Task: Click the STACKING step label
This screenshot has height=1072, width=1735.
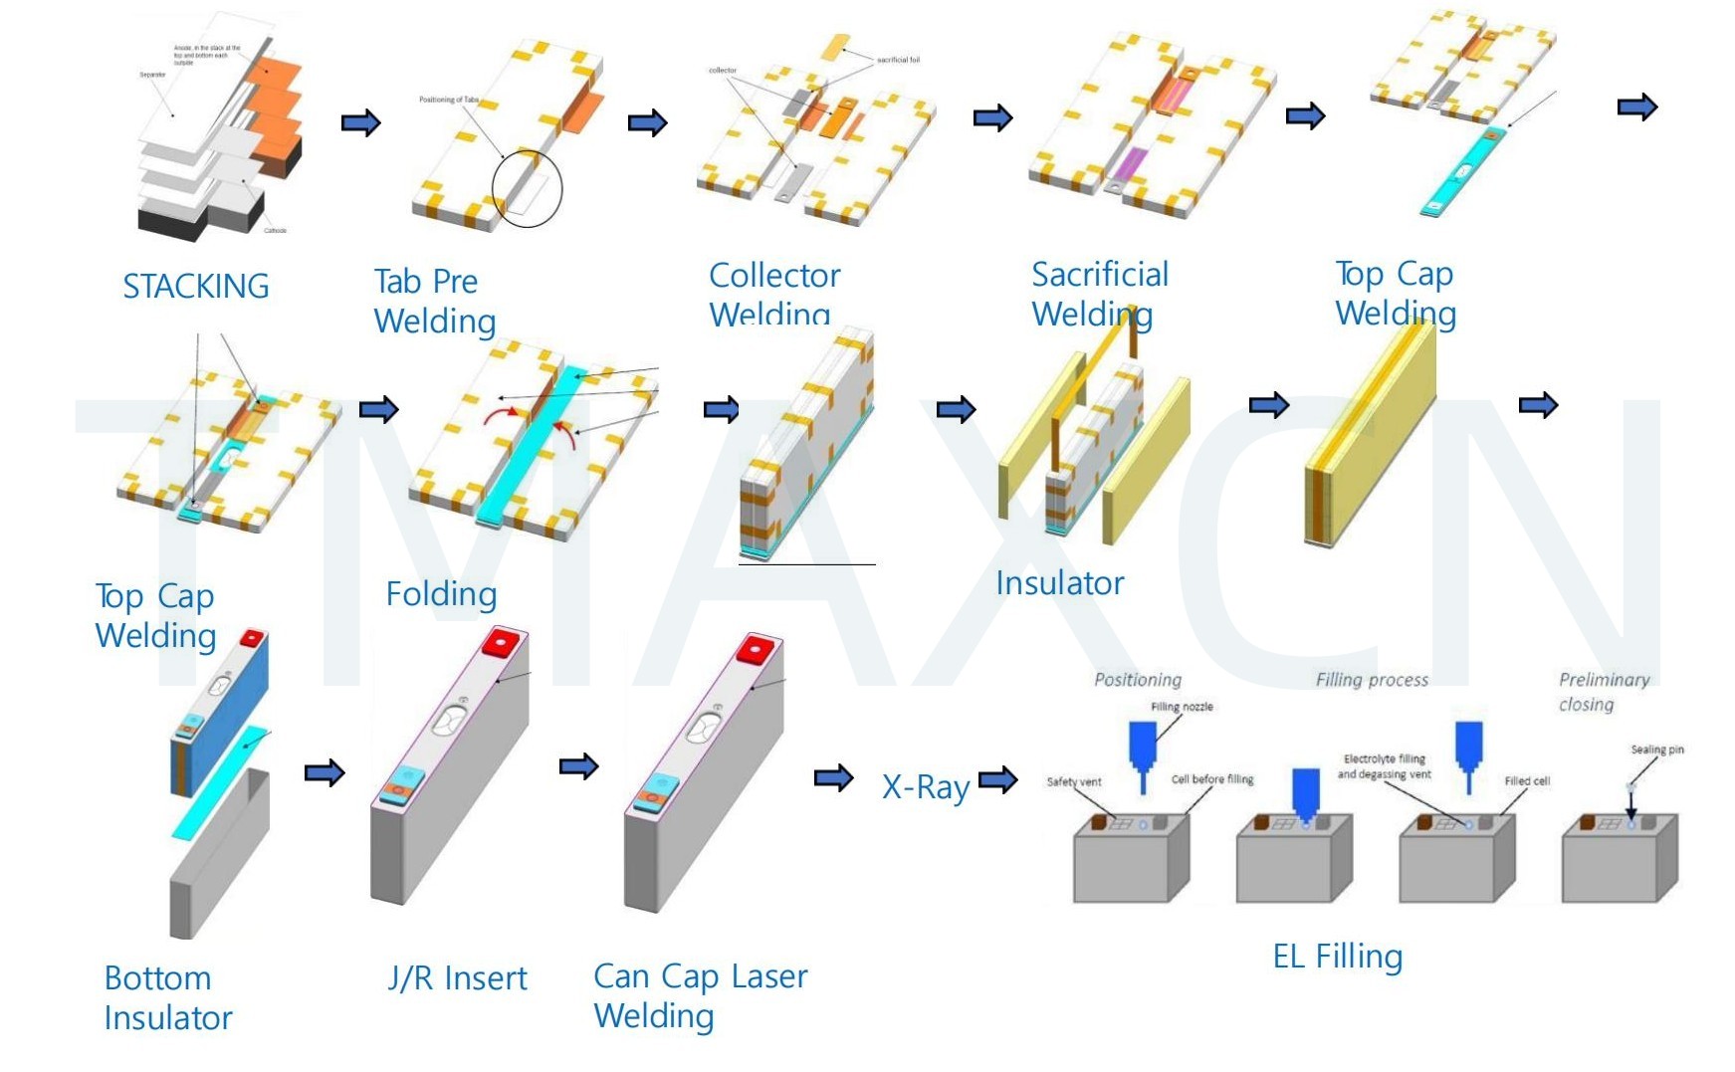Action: (x=195, y=287)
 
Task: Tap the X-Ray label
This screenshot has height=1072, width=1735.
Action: (x=925, y=787)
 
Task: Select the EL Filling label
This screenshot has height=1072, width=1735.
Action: (x=1337, y=957)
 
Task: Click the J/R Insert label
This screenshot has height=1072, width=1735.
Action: (x=457, y=978)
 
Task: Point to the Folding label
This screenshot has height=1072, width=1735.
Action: (x=441, y=594)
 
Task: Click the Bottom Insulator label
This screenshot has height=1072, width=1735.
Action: (x=167, y=997)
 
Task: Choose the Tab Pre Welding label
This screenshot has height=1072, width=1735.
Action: (x=434, y=301)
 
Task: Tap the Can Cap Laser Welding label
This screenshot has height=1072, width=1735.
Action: (x=700, y=995)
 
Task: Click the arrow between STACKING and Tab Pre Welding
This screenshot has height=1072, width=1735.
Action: (x=360, y=123)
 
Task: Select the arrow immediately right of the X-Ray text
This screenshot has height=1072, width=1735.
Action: (x=997, y=779)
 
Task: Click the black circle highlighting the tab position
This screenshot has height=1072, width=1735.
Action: (x=527, y=188)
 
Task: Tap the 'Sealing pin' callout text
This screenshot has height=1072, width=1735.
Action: (x=1656, y=750)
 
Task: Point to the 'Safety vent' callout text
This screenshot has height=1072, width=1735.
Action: (x=1073, y=781)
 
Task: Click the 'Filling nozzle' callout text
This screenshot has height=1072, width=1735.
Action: (x=1182, y=707)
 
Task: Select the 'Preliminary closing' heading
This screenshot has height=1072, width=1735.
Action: (x=1603, y=692)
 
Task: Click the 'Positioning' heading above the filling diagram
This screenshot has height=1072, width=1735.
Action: (x=1138, y=680)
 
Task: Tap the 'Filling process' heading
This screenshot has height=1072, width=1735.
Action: (x=1372, y=680)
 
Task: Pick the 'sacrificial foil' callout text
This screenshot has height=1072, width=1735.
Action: (x=898, y=60)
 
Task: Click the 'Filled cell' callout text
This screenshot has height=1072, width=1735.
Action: (x=1527, y=781)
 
